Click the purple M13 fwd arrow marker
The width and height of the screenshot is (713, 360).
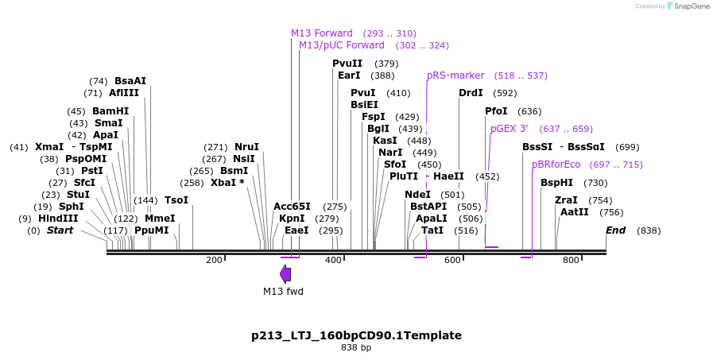285,273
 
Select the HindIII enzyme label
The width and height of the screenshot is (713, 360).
58,219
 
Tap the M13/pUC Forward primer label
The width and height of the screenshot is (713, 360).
342,45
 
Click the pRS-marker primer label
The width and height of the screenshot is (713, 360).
455,75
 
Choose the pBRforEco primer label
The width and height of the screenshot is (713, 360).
556,165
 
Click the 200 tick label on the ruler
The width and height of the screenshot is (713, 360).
214,260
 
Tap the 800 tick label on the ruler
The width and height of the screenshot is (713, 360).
571,260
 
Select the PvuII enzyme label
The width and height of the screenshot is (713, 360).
347,64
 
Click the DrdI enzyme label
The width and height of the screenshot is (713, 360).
471,93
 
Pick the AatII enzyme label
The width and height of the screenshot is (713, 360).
574,212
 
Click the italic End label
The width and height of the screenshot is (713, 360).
615,230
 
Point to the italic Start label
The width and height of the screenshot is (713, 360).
60,230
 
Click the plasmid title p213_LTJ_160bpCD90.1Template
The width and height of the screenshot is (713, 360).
356,335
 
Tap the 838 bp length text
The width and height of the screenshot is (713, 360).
356,347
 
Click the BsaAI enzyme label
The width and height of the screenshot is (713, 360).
130,81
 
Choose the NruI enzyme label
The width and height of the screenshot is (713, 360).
246,147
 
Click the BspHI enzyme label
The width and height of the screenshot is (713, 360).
556,183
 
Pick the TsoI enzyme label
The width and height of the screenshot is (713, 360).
176,200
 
